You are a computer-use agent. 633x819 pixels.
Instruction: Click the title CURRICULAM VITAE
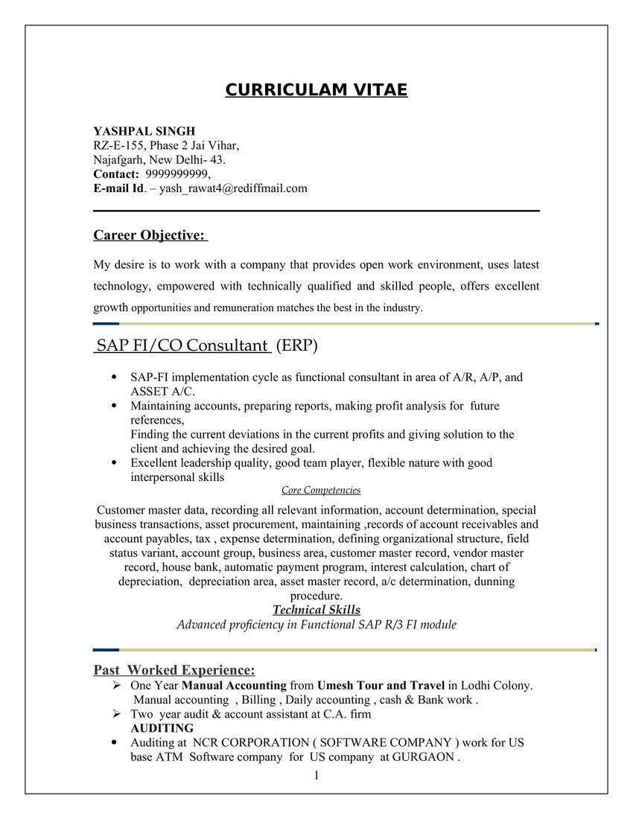click(x=316, y=90)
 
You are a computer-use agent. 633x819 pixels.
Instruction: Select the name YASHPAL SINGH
click(x=144, y=131)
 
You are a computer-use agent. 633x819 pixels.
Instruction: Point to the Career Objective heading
click(x=150, y=235)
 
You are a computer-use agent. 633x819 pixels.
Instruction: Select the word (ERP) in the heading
click(x=296, y=345)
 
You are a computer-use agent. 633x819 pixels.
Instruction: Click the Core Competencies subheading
click(x=321, y=490)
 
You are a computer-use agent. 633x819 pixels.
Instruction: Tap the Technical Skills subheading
click(x=316, y=610)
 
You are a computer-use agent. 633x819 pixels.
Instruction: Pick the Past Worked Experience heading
click(x=174, y=669)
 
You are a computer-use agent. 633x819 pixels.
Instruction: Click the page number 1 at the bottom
click(x=316, y=776)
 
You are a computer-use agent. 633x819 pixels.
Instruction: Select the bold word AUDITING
click(x=162, y=728)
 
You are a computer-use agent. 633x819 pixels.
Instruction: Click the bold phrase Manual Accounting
click(x=234, y=685)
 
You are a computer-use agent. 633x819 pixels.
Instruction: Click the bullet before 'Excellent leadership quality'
click(x=113, y=462)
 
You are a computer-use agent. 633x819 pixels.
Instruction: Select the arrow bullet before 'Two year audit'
click(x=115, y=714)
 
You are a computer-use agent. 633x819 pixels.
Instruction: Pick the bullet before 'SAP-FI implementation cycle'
click(x=113, y=377)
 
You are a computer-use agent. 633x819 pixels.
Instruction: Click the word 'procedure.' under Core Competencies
click(x=316, y=596)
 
